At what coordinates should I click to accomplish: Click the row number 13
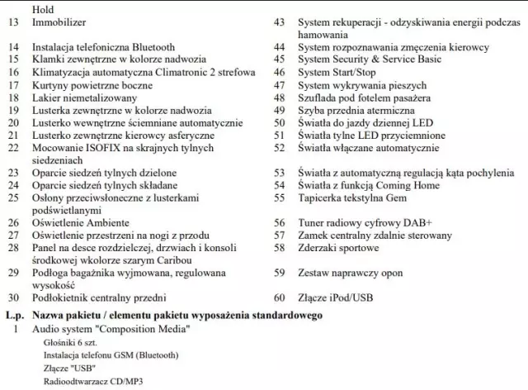pyautogui.click(x=12, y=24)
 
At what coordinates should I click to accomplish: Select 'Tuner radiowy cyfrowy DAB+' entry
pyautogui.click(x=364, y=223)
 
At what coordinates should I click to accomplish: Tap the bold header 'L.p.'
pyautogui.click(x=13, y=316)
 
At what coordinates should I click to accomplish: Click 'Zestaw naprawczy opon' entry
pyautogui.click(x=350, y=272)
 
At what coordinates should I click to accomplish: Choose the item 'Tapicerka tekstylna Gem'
pyautogui.click(x=353, y=198)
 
